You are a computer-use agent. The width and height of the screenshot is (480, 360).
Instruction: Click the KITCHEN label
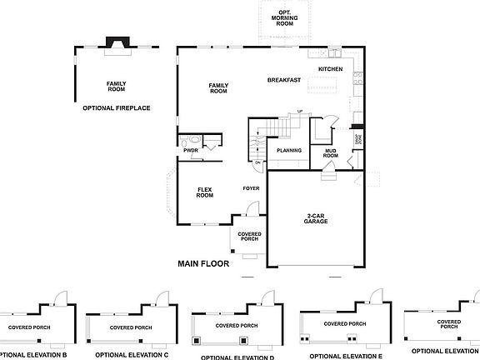[x=331, y=69]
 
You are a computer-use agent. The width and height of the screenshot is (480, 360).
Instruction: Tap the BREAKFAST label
[x=283, y=80]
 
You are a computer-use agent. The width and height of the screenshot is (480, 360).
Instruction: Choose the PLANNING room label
[x=289, y=150]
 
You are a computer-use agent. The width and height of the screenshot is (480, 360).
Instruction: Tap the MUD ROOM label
[x=331, y=152]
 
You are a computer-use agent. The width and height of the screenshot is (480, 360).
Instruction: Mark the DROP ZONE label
[x=358, y=138]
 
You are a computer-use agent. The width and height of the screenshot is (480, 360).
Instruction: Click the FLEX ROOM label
[x=205, y=192]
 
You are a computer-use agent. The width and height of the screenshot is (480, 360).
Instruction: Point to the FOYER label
[x=251, y=188]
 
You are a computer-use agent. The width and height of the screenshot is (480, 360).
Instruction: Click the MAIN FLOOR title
[x=204, y=264]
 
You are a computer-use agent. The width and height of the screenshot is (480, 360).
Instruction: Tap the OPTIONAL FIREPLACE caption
[x=116, y=108]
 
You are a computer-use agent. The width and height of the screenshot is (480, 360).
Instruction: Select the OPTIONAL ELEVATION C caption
[x=132, y=354]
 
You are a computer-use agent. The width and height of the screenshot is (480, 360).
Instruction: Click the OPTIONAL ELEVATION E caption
[x=345, y=355]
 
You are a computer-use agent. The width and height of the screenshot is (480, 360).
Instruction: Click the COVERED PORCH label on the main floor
[x=249, y=237]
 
